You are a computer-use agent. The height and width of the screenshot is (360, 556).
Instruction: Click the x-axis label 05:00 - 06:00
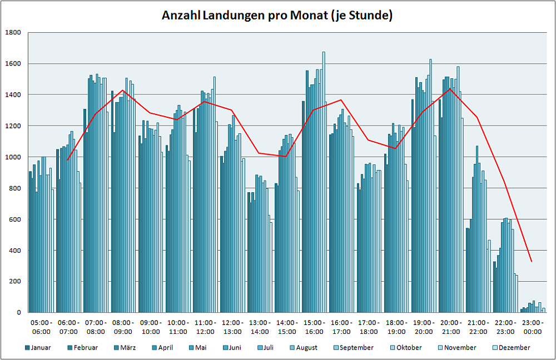41,327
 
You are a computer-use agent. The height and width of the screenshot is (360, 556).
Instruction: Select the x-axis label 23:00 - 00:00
533,327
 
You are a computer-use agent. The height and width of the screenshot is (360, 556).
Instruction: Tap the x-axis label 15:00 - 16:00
314,327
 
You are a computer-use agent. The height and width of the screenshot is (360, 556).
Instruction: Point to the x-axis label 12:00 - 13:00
232,327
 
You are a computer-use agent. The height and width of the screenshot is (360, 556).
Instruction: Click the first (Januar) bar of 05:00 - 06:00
31,242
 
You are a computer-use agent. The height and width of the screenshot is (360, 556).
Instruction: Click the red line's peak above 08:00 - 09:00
123,90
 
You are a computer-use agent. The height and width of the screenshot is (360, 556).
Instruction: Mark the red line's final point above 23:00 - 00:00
532,261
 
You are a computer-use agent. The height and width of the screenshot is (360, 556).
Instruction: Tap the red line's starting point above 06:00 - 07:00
67,160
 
